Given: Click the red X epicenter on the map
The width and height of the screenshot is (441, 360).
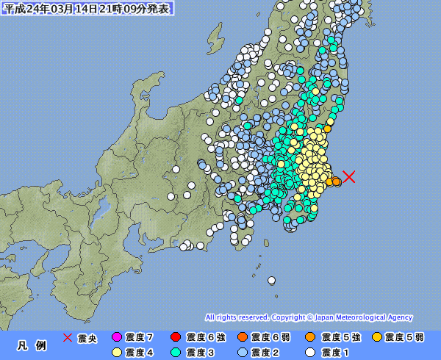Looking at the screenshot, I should point(350,176).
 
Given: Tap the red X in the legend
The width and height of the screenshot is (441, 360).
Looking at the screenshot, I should point(67,337).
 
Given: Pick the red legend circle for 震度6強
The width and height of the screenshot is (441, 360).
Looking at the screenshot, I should point(175,337).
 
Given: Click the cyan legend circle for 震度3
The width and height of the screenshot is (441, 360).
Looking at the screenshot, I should point(175,352).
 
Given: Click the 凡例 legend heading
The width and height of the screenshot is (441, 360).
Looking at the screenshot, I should point(32,345).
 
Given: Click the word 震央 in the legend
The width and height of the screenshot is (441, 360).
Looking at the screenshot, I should point(87,337).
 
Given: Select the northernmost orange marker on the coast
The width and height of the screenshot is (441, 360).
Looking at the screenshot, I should point(328,129).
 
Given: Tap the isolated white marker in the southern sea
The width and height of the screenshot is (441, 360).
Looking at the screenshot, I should point(271,279).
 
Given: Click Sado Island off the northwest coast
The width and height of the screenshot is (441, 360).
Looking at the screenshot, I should point(214,35).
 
